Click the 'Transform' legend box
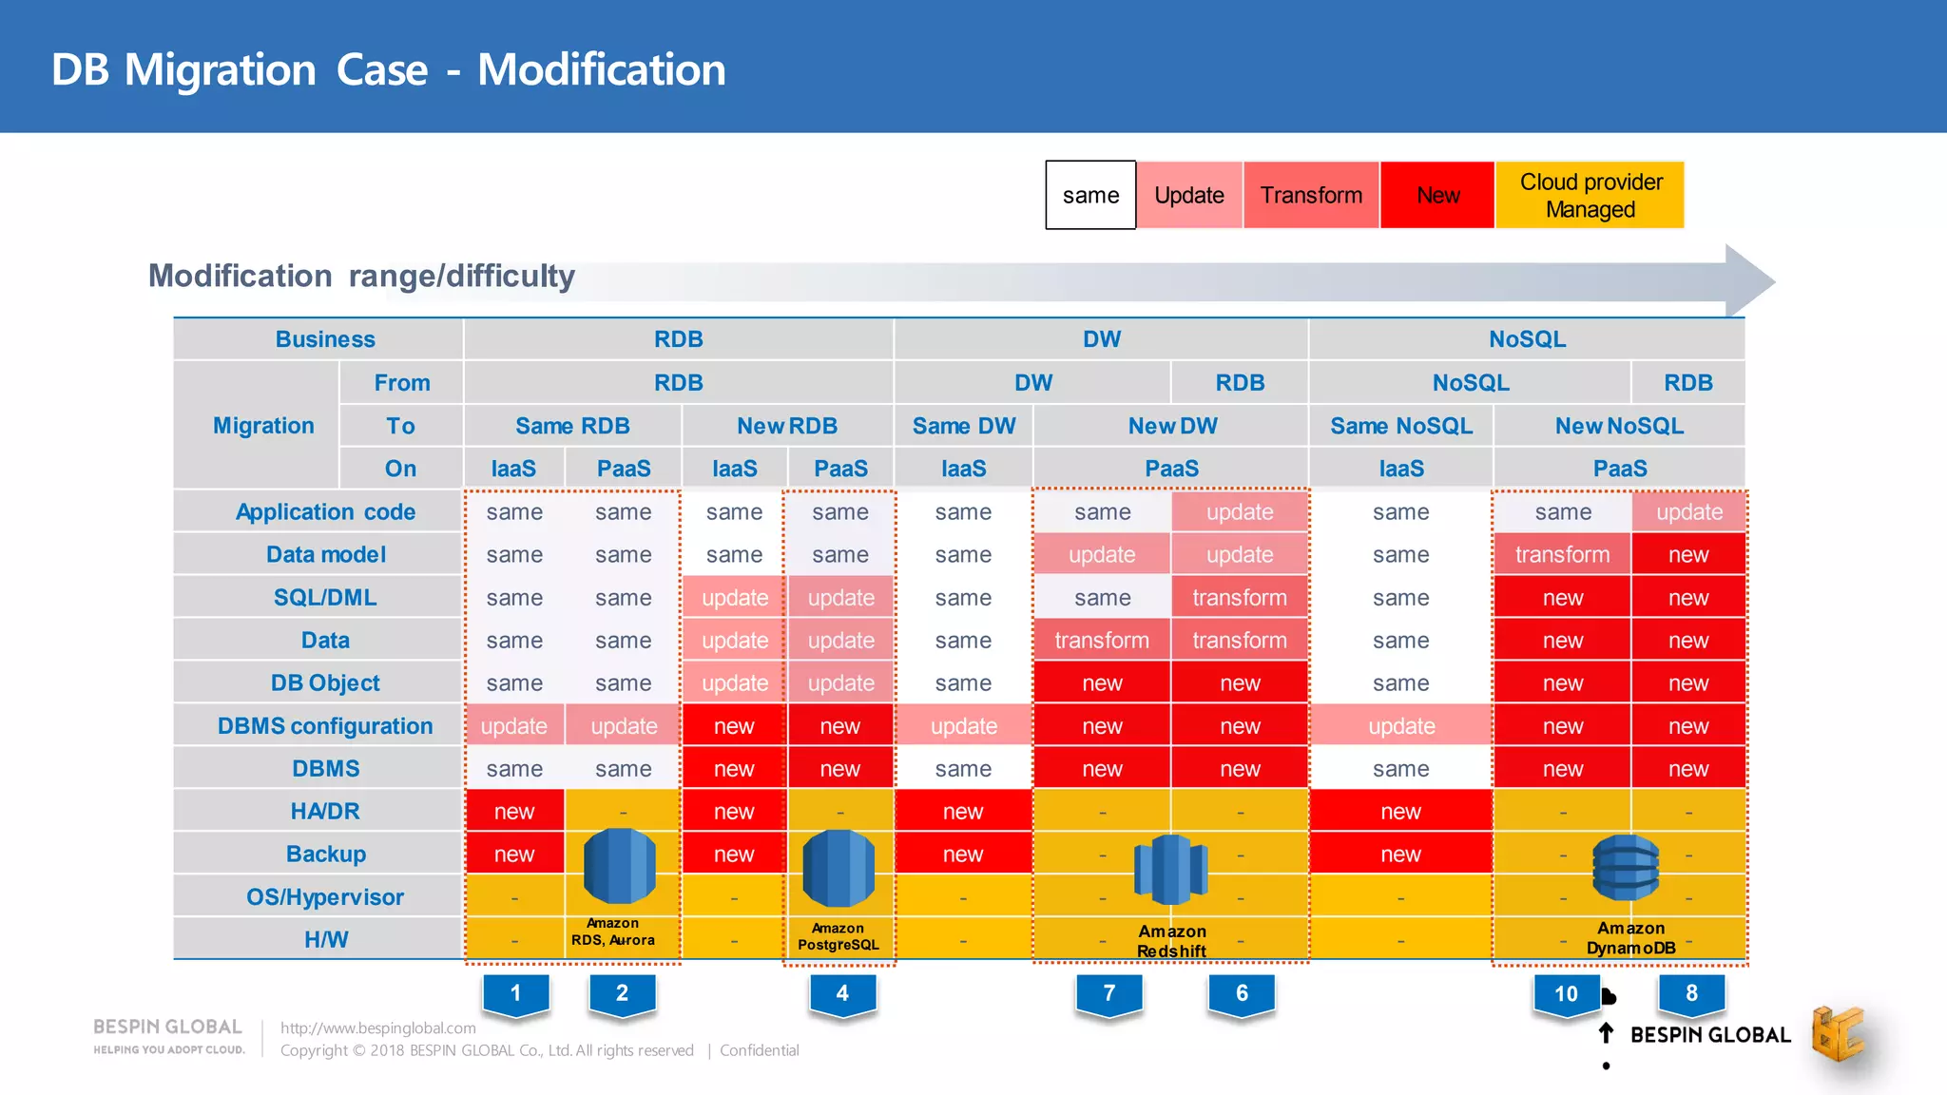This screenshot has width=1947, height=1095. [x=1310, y=195]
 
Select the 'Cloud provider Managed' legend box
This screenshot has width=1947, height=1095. [x=1590, y=195]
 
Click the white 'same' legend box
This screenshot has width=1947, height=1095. [x=1090, y=195]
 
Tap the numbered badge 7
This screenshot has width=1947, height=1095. [x=1108, y=994]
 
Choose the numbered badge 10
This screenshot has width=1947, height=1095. [x=1566, y=994]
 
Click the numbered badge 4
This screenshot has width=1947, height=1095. [x=842, y=994]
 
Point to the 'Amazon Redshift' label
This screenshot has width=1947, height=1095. [x=1171, y=941]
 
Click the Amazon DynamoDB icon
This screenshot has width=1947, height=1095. [x=1626, y=867]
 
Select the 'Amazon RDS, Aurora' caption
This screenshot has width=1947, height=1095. [x=613, y=932]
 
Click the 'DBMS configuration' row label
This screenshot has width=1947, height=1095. [x=325, y=726]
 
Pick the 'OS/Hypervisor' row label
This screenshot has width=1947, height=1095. [x=325, y=897]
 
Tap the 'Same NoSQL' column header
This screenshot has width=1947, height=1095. [x=1401, y=426]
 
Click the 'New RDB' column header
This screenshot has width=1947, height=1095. [x=787, y=426]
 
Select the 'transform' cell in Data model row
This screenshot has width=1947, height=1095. [x=1562, y=554]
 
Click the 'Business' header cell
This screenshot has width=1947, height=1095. [x=325, y=339]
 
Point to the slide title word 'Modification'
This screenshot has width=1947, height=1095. [x=601, y=69]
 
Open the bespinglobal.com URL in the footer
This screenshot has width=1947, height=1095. [x=377, y=1028]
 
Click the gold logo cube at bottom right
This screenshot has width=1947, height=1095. [x=1837, y=1034]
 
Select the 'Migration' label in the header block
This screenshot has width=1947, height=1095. [x=263, y=426]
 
